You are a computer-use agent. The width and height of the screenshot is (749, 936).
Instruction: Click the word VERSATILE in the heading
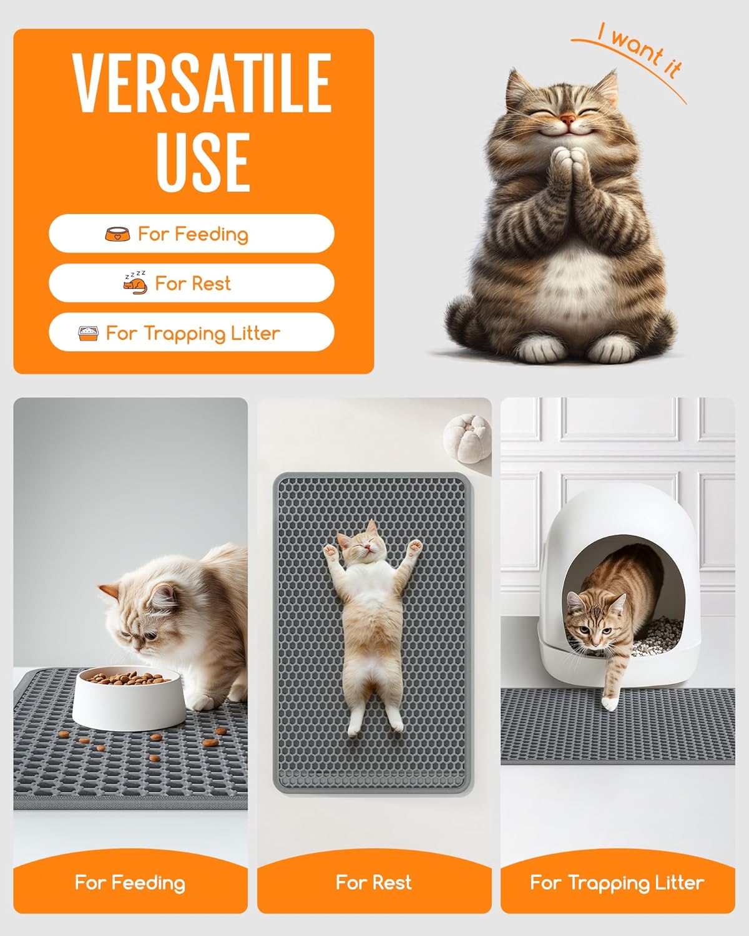202,83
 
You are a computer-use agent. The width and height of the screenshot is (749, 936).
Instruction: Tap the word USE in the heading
203,161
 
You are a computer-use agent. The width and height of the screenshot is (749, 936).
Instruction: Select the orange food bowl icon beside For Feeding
117,235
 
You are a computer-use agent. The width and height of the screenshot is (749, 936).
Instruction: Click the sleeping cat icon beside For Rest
135,283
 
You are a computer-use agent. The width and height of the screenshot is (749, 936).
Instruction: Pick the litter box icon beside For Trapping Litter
88,333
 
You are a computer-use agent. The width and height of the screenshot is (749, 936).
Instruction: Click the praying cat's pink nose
567,118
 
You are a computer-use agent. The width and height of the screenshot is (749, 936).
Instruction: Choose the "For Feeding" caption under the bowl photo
130,882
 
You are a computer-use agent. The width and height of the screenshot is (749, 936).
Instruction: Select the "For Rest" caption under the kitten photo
373,882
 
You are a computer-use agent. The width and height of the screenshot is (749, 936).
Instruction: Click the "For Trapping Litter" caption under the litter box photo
617,882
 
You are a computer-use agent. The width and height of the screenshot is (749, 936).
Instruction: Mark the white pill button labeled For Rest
192,283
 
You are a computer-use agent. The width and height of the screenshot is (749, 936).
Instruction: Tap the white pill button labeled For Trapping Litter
192,333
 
